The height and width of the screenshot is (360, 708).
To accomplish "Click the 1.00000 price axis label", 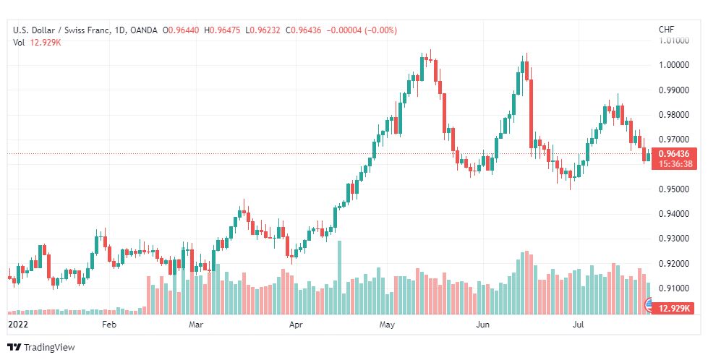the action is click(674, 65).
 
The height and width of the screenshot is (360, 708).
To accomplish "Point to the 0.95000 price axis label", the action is click(674, 189).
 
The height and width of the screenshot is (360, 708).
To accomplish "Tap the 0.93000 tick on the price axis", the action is click(674, 239).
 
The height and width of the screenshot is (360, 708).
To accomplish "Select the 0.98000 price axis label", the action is click(674, 115).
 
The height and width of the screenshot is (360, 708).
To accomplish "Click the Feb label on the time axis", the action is click(109, 325).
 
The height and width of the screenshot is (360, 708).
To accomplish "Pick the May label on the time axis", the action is click(387, 325).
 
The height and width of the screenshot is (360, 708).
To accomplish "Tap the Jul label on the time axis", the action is click(578, 325).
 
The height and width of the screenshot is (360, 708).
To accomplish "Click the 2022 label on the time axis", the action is click(19, 325).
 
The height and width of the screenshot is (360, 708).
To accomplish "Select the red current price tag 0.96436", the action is click(674, 154).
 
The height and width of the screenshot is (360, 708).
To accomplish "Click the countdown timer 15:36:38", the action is click(675, 164).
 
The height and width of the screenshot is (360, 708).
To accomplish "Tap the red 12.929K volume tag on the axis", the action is click(674, 309).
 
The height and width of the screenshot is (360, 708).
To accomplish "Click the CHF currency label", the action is click(667, 30).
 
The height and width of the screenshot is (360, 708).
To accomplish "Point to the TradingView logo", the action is click(40, 348).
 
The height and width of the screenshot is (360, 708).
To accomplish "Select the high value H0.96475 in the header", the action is click(222, 30).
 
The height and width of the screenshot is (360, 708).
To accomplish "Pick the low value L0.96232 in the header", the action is click(263, 30).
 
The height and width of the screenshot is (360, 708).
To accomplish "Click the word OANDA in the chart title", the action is click(144, 30).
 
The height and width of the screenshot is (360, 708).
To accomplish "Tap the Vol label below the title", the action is click(19, 43).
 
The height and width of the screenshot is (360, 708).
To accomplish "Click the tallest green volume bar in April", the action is click(339, 278).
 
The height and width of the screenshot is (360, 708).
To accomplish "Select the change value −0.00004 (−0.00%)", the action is click(361, 30).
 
